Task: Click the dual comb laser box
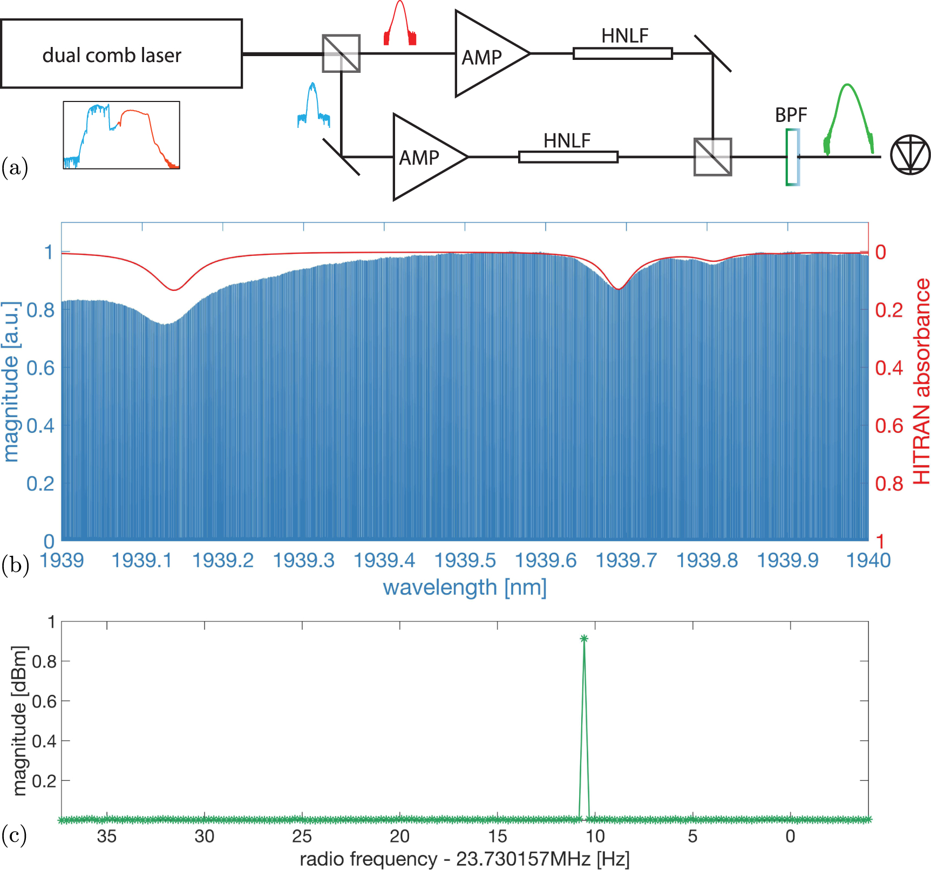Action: click(121, 54)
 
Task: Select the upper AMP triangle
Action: click(486, 55)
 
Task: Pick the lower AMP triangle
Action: click(424, 157)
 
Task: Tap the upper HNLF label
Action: click(624, 36)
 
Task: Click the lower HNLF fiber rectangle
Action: click(568, 157)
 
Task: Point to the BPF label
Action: click(791, 115)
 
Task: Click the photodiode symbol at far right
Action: click(910, 155)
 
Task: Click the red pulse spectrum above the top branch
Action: click(399, 24)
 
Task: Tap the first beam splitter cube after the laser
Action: click(341, 53)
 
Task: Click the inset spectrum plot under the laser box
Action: click(121, 135)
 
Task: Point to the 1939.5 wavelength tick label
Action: click(465, 561)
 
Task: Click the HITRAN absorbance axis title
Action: click(921, 381)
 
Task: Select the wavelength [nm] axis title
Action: click(465, 587)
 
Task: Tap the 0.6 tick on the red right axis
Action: click(888, 426)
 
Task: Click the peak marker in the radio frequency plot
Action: click(583, 638)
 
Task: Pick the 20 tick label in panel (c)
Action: click(399, 836)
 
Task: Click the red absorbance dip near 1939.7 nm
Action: click(619, 288)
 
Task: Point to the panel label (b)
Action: click(15, 566)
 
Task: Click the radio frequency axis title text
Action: click(465, 859)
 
